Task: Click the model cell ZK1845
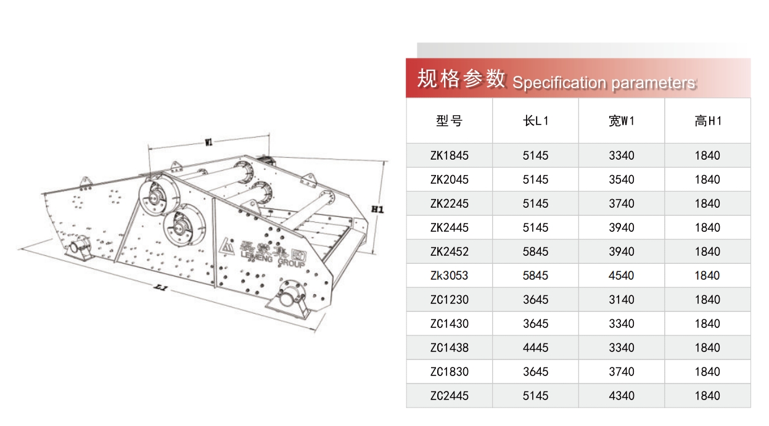pos(449,155)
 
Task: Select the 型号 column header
pos(449,121)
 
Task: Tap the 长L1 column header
pos(535,121)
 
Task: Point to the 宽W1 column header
pos(622,121)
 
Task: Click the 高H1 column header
pos(708,121)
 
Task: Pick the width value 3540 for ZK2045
pos(622,179)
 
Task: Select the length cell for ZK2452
pos(535,252)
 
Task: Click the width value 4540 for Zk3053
pos(622,276)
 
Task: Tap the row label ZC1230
pos(449,300)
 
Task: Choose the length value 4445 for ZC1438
pos(535,348)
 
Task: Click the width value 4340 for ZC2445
pos(622,396)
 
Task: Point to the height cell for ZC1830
pos(707,372)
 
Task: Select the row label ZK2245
pos(449,203)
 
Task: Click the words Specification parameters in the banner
pos(604,83)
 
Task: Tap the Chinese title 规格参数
pos(461,79)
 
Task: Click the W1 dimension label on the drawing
pos(208,142)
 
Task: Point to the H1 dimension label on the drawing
pos(377,209)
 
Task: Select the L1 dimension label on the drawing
pos(161,287)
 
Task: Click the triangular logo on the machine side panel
pos(226,246)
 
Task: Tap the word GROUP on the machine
pos(291,263)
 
